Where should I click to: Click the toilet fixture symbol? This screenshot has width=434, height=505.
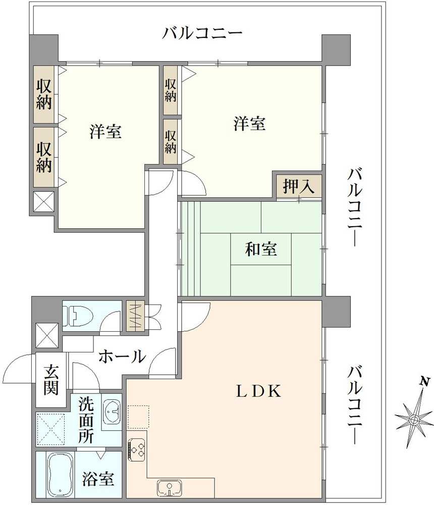(79, 316)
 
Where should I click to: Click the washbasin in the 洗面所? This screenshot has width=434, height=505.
(112, 411)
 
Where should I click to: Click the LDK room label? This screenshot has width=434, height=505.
(259, 391)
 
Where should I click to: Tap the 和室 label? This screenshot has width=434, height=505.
(261, 249)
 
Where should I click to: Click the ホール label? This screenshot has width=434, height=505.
(122, 357)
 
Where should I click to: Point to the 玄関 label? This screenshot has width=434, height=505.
(50, 380)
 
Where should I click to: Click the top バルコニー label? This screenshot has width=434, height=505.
(202, 34)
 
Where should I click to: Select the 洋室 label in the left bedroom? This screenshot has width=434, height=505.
(105, 132)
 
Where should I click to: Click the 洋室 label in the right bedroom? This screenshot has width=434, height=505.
(250, 124)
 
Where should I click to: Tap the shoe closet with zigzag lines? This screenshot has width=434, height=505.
(135, 316)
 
